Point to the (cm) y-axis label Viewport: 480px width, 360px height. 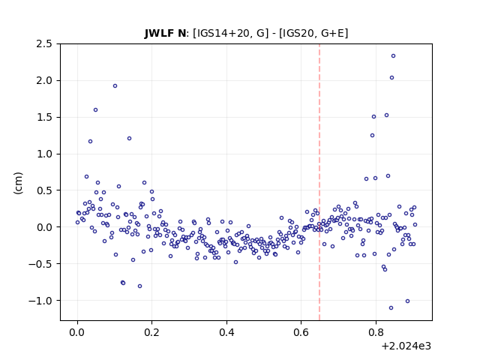click(18, 183)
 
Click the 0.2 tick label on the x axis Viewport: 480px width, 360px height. click(151, 332)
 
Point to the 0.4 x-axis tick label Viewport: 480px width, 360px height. click(226, 332)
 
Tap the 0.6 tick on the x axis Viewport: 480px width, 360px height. click(301, 332)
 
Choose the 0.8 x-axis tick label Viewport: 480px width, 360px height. click(376, 332)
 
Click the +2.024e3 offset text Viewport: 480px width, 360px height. click(406, 346)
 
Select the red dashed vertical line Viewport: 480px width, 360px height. click(319, 182)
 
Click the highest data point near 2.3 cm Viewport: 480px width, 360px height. click(393, 56)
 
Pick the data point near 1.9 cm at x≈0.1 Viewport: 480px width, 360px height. click(115, 86)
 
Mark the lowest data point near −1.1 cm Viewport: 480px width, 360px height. click(391, 308)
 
